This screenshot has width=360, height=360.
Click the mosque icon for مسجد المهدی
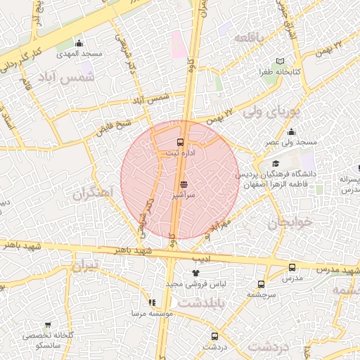point(79,43)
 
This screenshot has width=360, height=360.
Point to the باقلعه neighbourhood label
point(252,37)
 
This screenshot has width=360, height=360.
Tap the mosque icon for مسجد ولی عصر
point(291,131)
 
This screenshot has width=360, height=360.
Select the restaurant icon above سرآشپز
point(184,184)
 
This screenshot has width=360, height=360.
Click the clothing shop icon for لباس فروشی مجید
point(195,273)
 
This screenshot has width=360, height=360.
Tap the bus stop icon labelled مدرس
point(292,268)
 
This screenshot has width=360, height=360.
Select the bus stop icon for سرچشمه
point(262,284)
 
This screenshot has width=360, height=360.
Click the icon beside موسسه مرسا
point(152,302)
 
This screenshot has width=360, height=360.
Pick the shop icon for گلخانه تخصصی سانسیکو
point(48,325)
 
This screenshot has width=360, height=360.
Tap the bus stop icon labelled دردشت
point(215,335)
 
